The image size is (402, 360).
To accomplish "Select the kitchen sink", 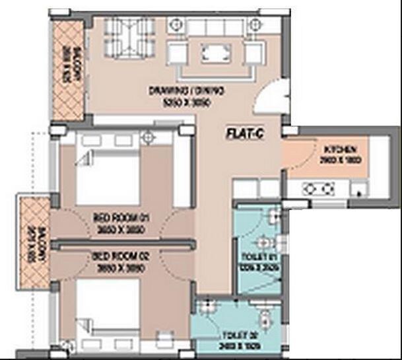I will point(359,191).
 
